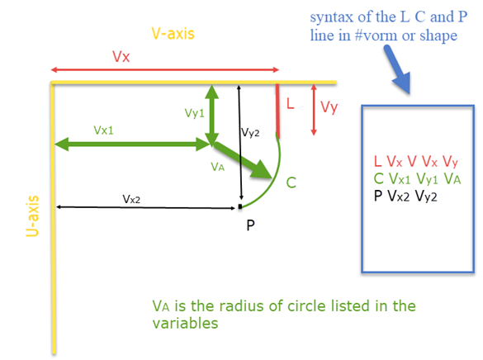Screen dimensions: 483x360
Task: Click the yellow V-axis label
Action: [173, 34]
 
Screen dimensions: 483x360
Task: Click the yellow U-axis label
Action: [32, 216]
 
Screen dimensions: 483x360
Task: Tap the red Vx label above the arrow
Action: [121, 57]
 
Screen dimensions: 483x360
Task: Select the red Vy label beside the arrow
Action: [329, 108]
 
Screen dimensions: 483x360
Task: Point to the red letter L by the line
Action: [290, 103]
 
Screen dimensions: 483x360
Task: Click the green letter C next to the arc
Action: [291, 182]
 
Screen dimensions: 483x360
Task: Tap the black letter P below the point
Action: [250, 225]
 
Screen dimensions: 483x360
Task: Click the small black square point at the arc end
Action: [240, 206]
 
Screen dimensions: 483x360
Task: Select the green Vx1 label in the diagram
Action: [103, 130]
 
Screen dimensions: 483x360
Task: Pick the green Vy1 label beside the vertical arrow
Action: [194, 113]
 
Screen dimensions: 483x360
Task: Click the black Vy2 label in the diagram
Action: [250, 133]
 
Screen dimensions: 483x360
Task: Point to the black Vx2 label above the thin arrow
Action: [131, 199]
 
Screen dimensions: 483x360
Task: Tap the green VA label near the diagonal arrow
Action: [217, 167]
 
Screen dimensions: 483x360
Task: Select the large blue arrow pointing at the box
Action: [398, 69]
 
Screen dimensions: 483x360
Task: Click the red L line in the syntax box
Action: [416, 162]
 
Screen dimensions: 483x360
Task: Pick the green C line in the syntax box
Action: [418, 179]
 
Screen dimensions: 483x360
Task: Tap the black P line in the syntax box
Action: [405, 197]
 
